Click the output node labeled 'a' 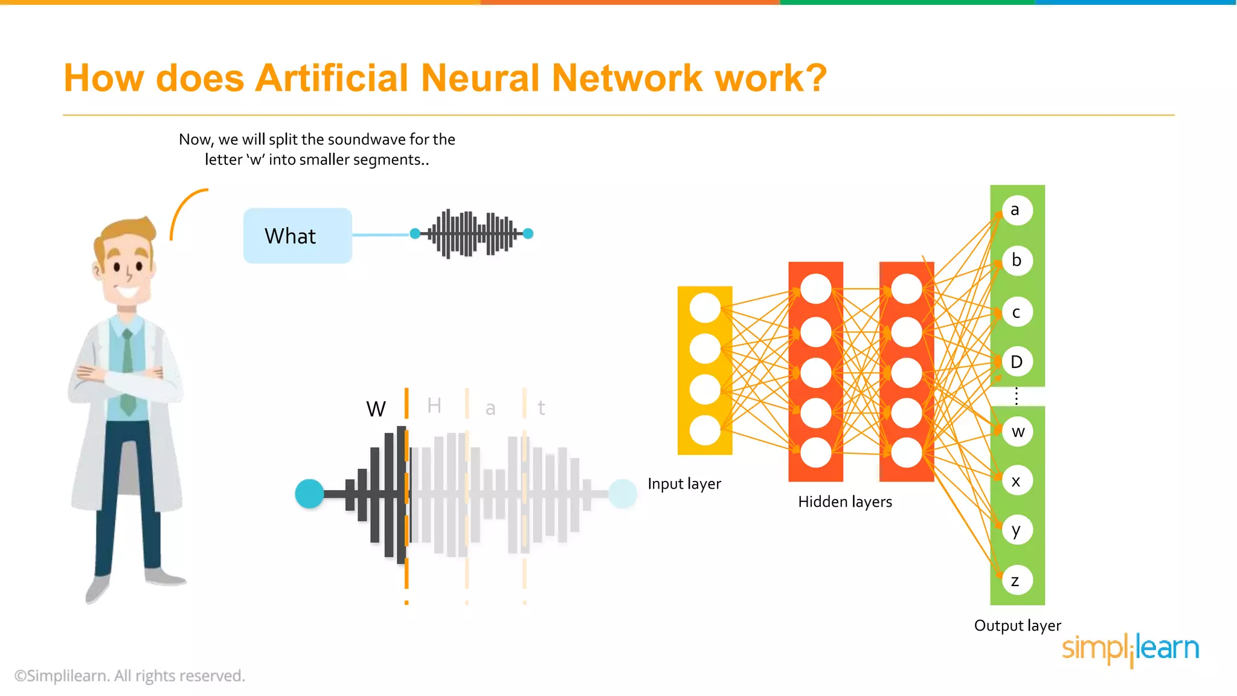pyautogui.click(x=1017, y=210)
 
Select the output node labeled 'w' pyautogui.click(x=1018, y=431)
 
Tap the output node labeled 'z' pyautogui.click(x=1017, y=581)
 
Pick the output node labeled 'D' pyautogui.click(x=1017, y=362)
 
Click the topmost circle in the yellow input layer pyautogui.click(x=705, y=308)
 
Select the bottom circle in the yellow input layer pyautogui.click(x=705, y=431)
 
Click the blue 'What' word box pyautogui.click(x=297, y=236)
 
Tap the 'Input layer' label pyautogui.click(x=684, y=484)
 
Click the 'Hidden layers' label pyautogui.click(x=844, y=501)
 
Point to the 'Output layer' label pyautogui.click(x=1017, y=625)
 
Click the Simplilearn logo pyautogui.click(x=1130, y=649)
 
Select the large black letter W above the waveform pyautogui.click(x=376, y=409)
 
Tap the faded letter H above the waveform pyautogui.click(x=434, y=405)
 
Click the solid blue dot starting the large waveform pyautogui.click(x=309, y=494)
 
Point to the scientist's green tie pyautogui.click(x=127, y=375)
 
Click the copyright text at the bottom pyautogui.click(x=129, y=675)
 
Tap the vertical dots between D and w pyautogui.click(x=1017, y=396)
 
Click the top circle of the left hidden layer pyautogui.click(x=815, y=289)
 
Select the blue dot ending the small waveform pyautogui.click(x=528, y=234)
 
